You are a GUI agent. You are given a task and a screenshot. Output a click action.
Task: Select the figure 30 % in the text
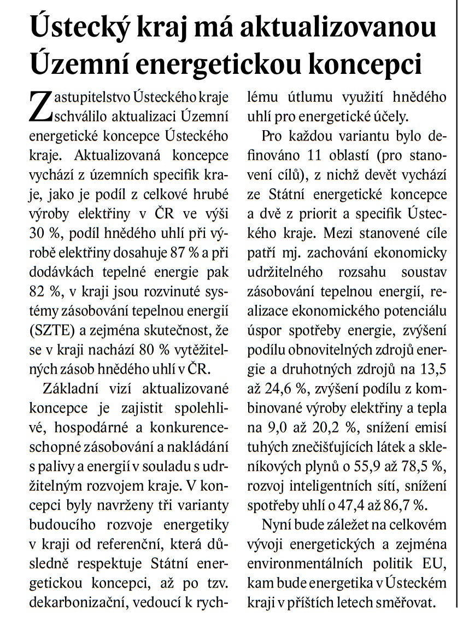[44, 232]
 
